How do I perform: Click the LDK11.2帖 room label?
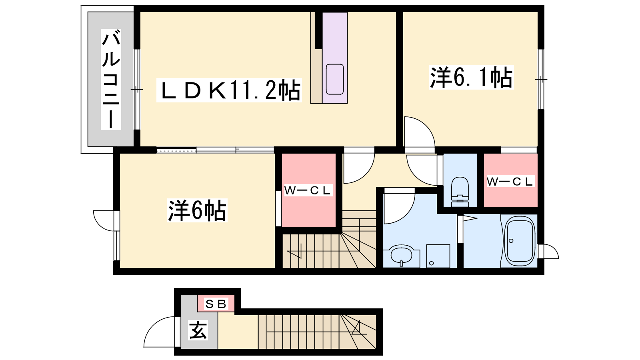229,90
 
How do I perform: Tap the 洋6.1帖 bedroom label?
472,78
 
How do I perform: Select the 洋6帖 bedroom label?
197,210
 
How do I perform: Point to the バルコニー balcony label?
111,80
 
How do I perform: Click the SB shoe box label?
216,304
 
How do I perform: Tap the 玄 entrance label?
198,330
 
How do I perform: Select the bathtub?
520,242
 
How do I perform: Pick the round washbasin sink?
402,255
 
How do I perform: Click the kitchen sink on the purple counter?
335,79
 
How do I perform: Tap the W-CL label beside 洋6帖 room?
308,190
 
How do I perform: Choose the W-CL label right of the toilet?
510,181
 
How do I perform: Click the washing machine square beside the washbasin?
438,256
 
